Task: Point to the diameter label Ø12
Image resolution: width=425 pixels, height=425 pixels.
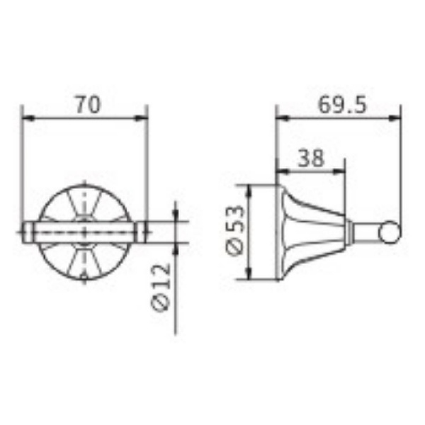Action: (x=161, y=287)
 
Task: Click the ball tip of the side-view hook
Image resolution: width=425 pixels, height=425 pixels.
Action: (x=390, y=231)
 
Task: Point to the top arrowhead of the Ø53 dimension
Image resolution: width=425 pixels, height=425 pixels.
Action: (x=250, y=189)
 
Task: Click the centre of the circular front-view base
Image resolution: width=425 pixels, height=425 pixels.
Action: (x=85, y=232)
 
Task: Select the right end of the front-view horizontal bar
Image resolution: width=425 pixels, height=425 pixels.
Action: (x=144, y=232)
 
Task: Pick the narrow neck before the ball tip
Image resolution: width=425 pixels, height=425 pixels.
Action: (x=367, y=232)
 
